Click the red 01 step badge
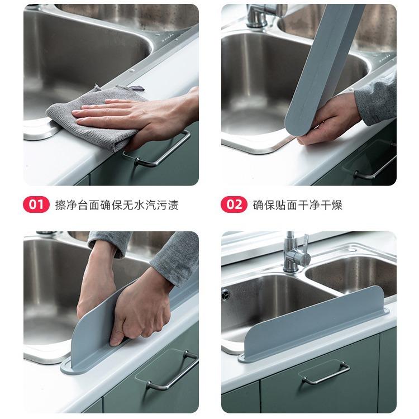36,204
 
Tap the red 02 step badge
234,204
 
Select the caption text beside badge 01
117,205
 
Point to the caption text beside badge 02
297,205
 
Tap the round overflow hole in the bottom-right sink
226,294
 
